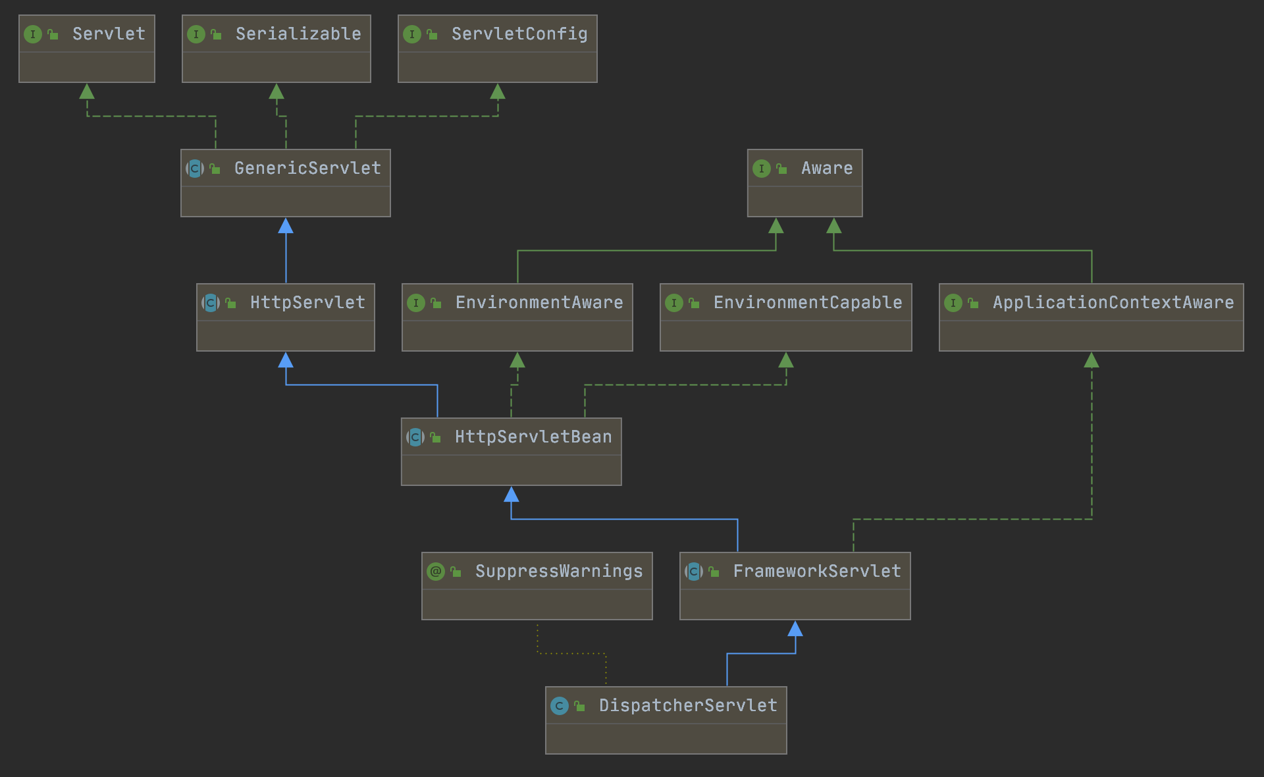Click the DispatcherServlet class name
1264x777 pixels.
point(688,705)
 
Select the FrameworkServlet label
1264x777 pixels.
point(816,571)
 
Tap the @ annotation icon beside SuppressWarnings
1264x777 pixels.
point(436,571)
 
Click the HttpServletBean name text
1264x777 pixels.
point(533,437)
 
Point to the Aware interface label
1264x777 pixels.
point(827,168)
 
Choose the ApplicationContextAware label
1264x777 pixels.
point(1113,302)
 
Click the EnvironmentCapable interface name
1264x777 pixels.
point(808,302)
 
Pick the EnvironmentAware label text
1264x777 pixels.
point(539,302)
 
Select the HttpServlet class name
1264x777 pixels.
point(307,302)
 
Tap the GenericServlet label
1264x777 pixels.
point(307,168)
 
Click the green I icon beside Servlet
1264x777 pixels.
point(33,34)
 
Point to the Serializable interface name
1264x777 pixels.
point(298,34)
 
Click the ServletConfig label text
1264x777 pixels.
point(519,34)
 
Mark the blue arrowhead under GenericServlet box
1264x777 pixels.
point(286,227)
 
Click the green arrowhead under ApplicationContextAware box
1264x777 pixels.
point(1092,360)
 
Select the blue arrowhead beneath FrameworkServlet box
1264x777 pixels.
point(795,629)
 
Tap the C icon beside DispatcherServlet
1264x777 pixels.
point(560,706)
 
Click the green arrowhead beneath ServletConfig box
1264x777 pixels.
point(498,92)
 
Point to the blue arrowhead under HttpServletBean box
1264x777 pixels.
point(512,495)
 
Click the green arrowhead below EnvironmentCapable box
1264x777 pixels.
point(786,360)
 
